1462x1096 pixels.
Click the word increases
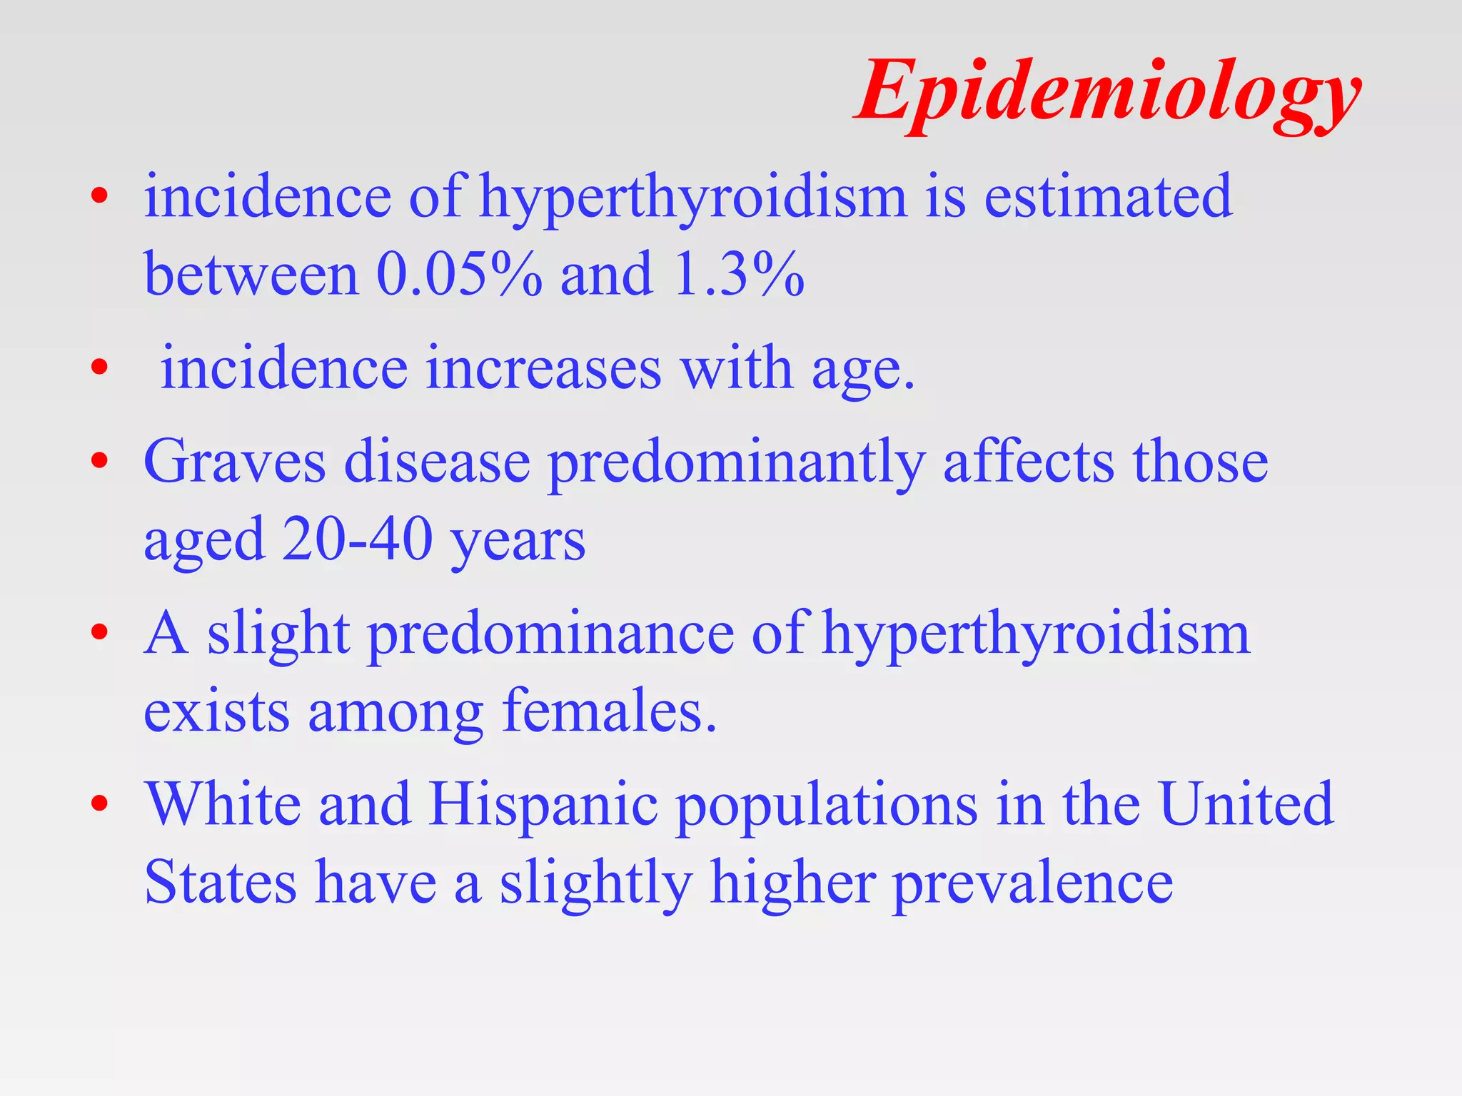point(543,369)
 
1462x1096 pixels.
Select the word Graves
point(235,462)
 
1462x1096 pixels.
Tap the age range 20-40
point(357,539)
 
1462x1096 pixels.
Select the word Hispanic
point(543,805)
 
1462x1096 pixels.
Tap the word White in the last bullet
point(223,804)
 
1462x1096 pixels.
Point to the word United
point(1246,804)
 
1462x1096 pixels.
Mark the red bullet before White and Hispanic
point(99,803)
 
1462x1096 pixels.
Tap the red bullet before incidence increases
point(99,368)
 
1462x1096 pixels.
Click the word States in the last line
point(221,883)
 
